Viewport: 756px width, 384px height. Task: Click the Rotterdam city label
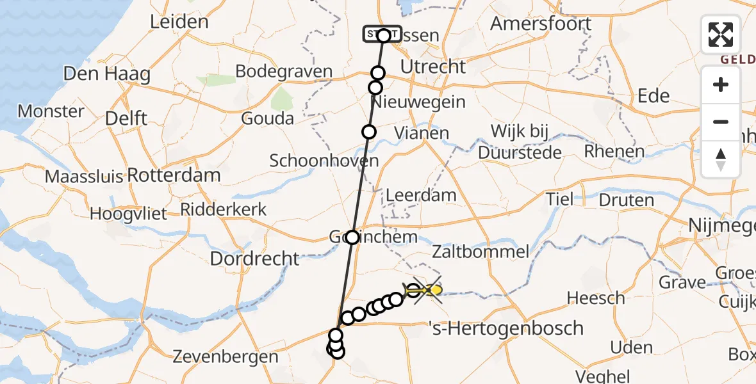point(174,175)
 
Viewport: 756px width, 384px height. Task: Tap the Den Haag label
point(107,74)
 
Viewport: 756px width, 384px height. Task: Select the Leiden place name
point(179,22)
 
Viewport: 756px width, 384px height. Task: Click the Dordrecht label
point(254,259)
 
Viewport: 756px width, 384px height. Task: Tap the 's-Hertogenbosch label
point(505,328)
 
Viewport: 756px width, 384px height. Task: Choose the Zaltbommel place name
point(481,252)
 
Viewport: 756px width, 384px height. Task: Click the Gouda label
point(268,118)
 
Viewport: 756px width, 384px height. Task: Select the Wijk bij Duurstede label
point(520,142)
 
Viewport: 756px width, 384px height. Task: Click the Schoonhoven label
point(324,160)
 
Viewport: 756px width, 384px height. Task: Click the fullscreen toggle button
point(721,35)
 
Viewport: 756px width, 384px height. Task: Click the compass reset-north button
point(721,159)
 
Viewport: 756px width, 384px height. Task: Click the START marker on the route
point(382,34)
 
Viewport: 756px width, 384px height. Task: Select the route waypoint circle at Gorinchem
point(352,237)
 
